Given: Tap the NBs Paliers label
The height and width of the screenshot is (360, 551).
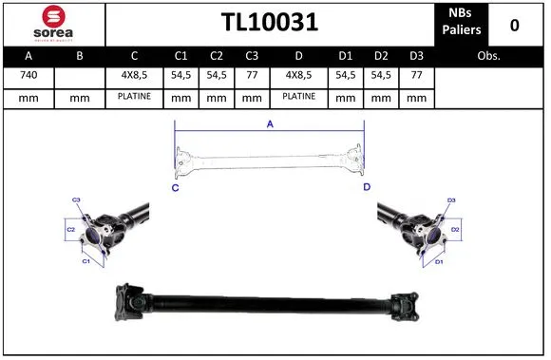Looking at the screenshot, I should tap(462, 23).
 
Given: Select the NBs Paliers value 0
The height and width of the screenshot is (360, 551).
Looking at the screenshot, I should tap(514, 24).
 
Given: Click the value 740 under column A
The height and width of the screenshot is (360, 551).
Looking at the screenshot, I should tap(28, 74).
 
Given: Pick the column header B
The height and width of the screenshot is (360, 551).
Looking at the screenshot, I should tap(80, 56).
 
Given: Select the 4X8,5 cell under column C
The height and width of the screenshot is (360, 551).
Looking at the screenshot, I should tap(134, 74).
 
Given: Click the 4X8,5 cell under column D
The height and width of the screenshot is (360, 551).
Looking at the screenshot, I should tap(298, 74).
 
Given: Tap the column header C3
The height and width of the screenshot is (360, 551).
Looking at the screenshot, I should tap(252, 56).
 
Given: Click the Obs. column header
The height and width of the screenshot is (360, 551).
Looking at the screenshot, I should tap(488, 56).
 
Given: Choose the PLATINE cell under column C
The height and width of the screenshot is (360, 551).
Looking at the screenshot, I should tap(134, 96).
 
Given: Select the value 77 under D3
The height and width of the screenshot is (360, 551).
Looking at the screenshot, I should tap(416, 74).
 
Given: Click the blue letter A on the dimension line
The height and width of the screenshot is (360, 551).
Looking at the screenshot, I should tap(269, 123).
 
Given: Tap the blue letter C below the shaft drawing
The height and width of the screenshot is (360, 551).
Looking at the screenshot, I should tap(176, 187).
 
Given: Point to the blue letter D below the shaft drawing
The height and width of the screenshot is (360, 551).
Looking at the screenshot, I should tap(367, 187).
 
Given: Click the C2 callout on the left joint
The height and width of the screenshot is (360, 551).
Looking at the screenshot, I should tap(70, 230).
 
